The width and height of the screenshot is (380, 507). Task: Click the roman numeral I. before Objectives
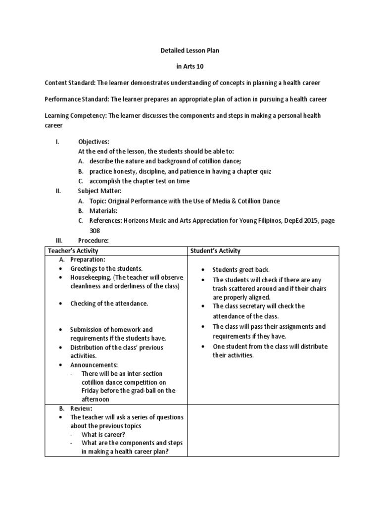tap(57, 142)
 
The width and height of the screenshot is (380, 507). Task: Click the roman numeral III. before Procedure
tap(59, 240)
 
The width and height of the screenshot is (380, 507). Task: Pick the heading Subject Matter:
tap(99, 191)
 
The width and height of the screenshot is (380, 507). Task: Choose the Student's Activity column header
tap(216, 251)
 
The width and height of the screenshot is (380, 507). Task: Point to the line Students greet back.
tap(241, 270)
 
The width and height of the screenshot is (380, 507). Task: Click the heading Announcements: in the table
tap(94, 365)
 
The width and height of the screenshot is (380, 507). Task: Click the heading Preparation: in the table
tap(89, 260)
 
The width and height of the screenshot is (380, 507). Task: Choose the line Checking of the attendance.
tap(109, 304)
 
